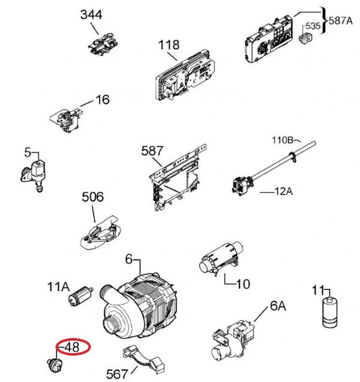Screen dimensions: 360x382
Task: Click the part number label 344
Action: click(91, 14)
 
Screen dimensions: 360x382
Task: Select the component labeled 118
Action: click(185, 75)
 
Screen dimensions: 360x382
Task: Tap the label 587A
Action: click(341, 20)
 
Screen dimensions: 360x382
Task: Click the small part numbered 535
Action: click(305, 38)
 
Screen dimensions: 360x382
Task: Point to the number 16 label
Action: click(103, 100)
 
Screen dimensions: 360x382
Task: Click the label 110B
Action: click(283, 140)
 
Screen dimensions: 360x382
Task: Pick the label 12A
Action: click(283, 192)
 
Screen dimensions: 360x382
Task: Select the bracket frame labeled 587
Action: click(178, 178)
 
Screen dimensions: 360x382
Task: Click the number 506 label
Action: click(92, 197)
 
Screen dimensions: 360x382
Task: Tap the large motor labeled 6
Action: click(138, 308)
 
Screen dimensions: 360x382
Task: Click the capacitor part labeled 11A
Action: click(80, 296)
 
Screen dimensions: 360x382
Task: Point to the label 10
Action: click(243, 284)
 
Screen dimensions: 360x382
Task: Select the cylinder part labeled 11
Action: click(330, 312)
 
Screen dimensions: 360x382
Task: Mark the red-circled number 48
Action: click(72, 347)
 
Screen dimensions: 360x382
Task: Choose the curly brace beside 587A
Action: click(324, 20)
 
